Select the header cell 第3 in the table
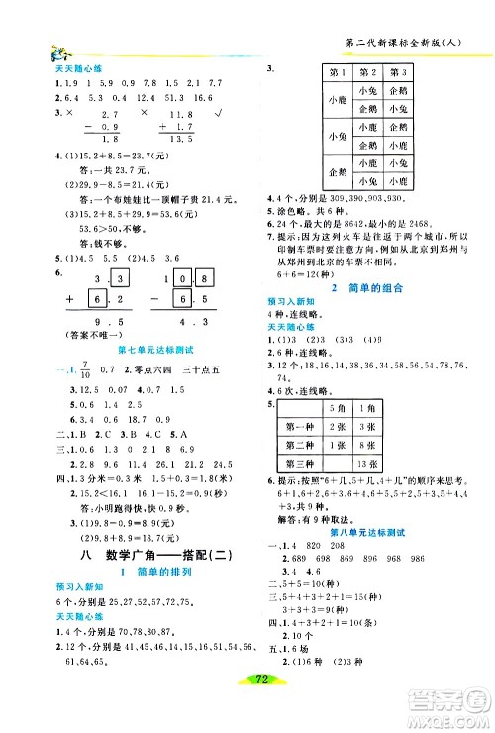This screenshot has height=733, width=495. pyautogui.click(x=400, y=72)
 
